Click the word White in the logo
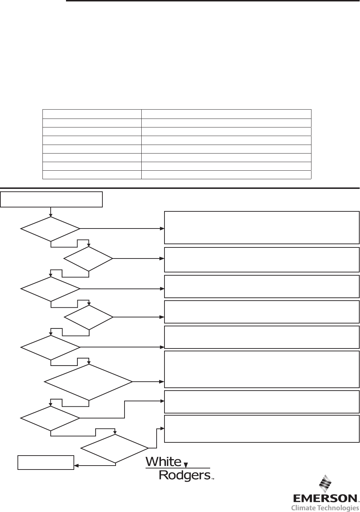[x=164, y=462]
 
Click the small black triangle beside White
[x=186, y=465]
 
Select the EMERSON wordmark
[x=325, y=498]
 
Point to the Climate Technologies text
[x=325, y=508]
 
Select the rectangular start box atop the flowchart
[x=51, y=199]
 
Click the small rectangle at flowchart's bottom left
[x=46, y=462]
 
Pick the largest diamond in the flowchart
[x=88, y=382]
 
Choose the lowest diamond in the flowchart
[x=115, y=448]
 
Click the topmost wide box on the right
[x=262, y=227]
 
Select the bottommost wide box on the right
[x=262, y=428]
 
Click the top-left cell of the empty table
[x=92, y=114]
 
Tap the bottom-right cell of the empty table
[x=226, y=175]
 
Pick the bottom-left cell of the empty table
[x=92, y=175]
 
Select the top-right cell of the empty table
[x=226, y=114]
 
